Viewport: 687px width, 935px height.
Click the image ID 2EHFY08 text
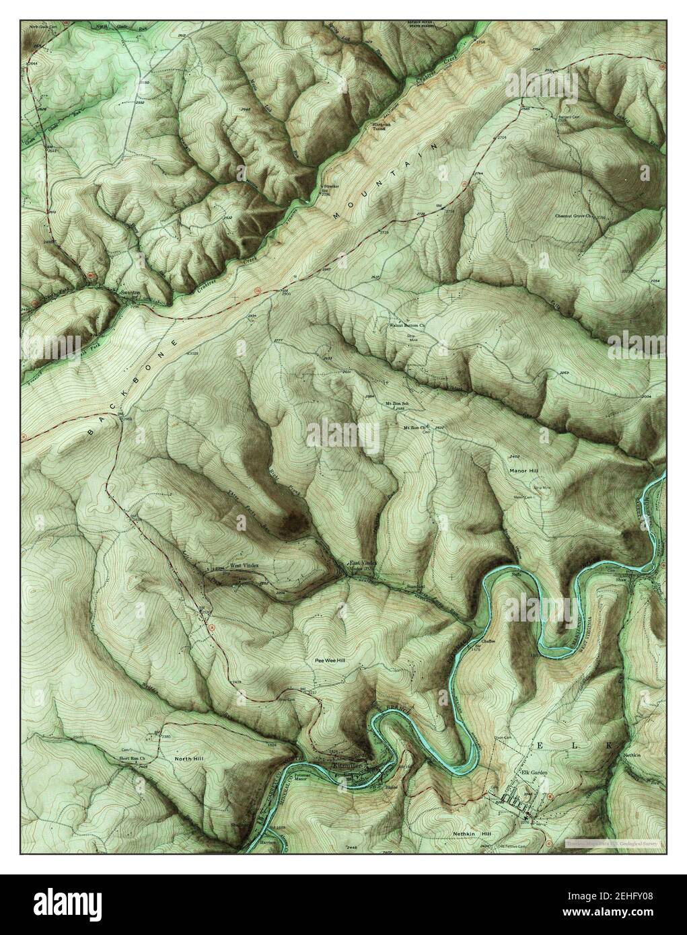(x=639, y=899)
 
